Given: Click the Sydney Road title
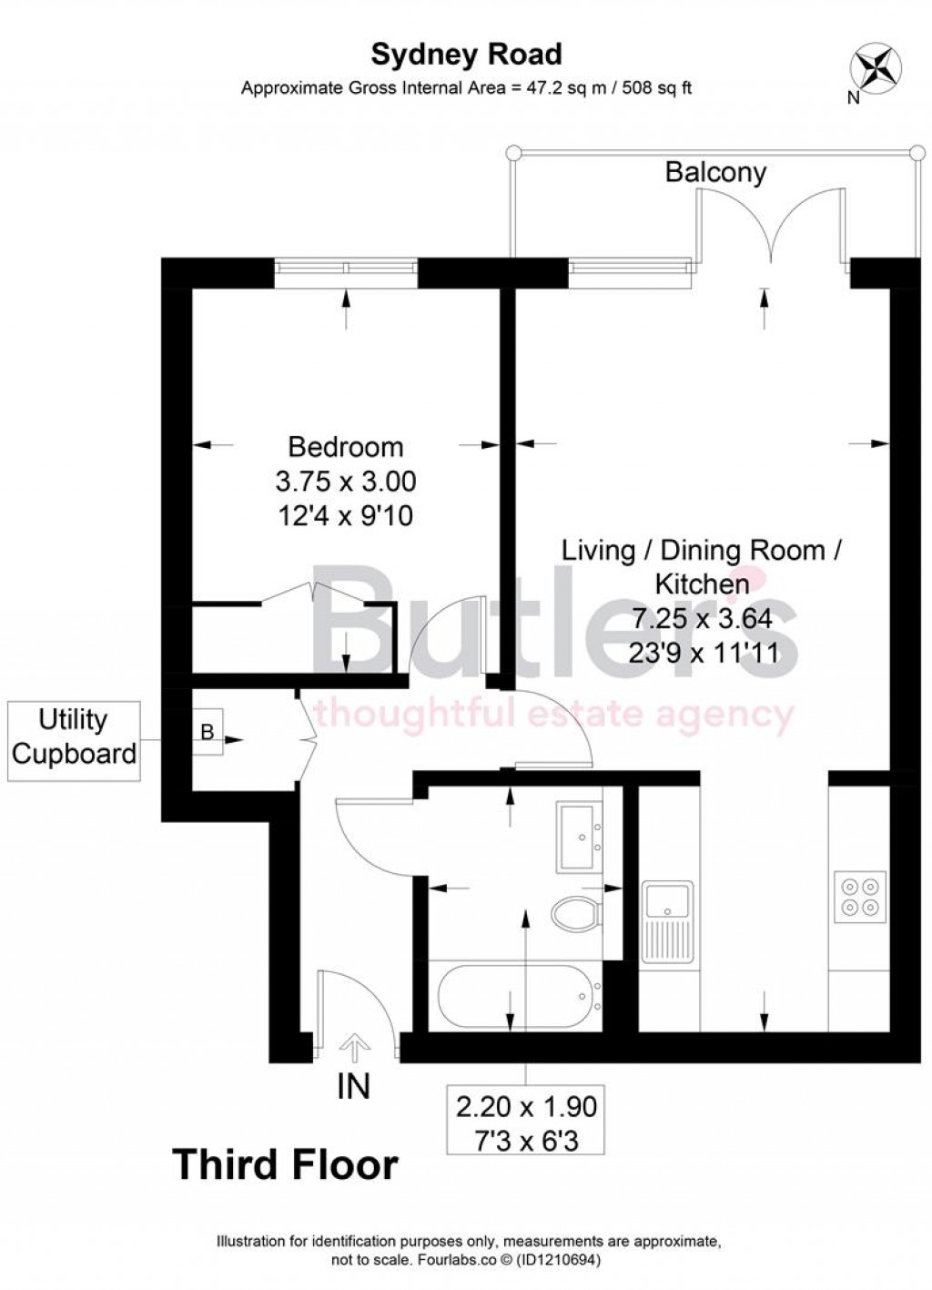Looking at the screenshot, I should [466, 55].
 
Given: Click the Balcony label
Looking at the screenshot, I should [715, 172].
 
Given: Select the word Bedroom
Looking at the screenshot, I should [345, 447].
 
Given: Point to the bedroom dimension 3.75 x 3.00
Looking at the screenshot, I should [345, 481].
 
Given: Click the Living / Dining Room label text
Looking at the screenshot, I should [701, 550].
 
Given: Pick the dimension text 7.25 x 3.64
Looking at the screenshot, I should [702, 618].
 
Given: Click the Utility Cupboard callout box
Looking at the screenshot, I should [74, 736].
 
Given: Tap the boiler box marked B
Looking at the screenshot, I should [207, 731].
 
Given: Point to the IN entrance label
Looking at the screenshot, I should [353, 1086].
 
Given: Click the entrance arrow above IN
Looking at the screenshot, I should [354, 1047].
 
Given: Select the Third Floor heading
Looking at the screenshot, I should [285, 1165].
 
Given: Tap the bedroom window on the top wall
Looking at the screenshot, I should [346, 267].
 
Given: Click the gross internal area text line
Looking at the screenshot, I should [466, 88].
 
